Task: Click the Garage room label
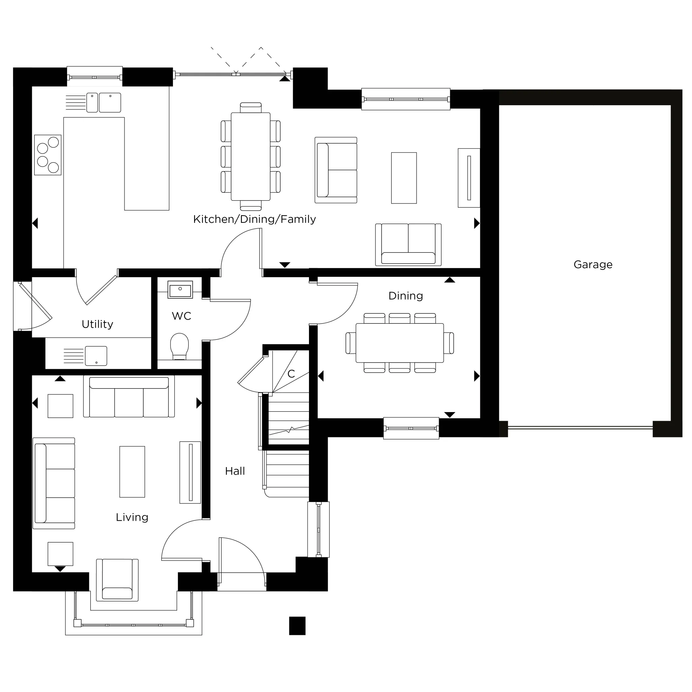click(x=593, y=265)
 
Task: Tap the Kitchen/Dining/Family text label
click(x=254, y=219)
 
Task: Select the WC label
click(x=181, y=316)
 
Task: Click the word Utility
click(x=97, y=324)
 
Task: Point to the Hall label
click(x=235, y=471)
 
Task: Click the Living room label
click(x=132, y=517)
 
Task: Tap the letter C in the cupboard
click(x=291, y=374)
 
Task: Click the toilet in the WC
click(x=179, y=345)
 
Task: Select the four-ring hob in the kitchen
click(x=48, y=155)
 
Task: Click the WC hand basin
click(x=180, y=290)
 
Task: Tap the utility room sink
click(x=95, y=356)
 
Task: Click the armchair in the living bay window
click(x=117, y=580)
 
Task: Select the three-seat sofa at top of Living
click(x=129, y=397)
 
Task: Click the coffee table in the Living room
click(x=132, y=471)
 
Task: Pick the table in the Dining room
click(x=399, y=343)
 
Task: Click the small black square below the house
click(x=297, y=625)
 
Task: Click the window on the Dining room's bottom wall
click(x=411, y=428)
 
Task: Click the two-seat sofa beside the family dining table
click(x=336, y=170)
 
